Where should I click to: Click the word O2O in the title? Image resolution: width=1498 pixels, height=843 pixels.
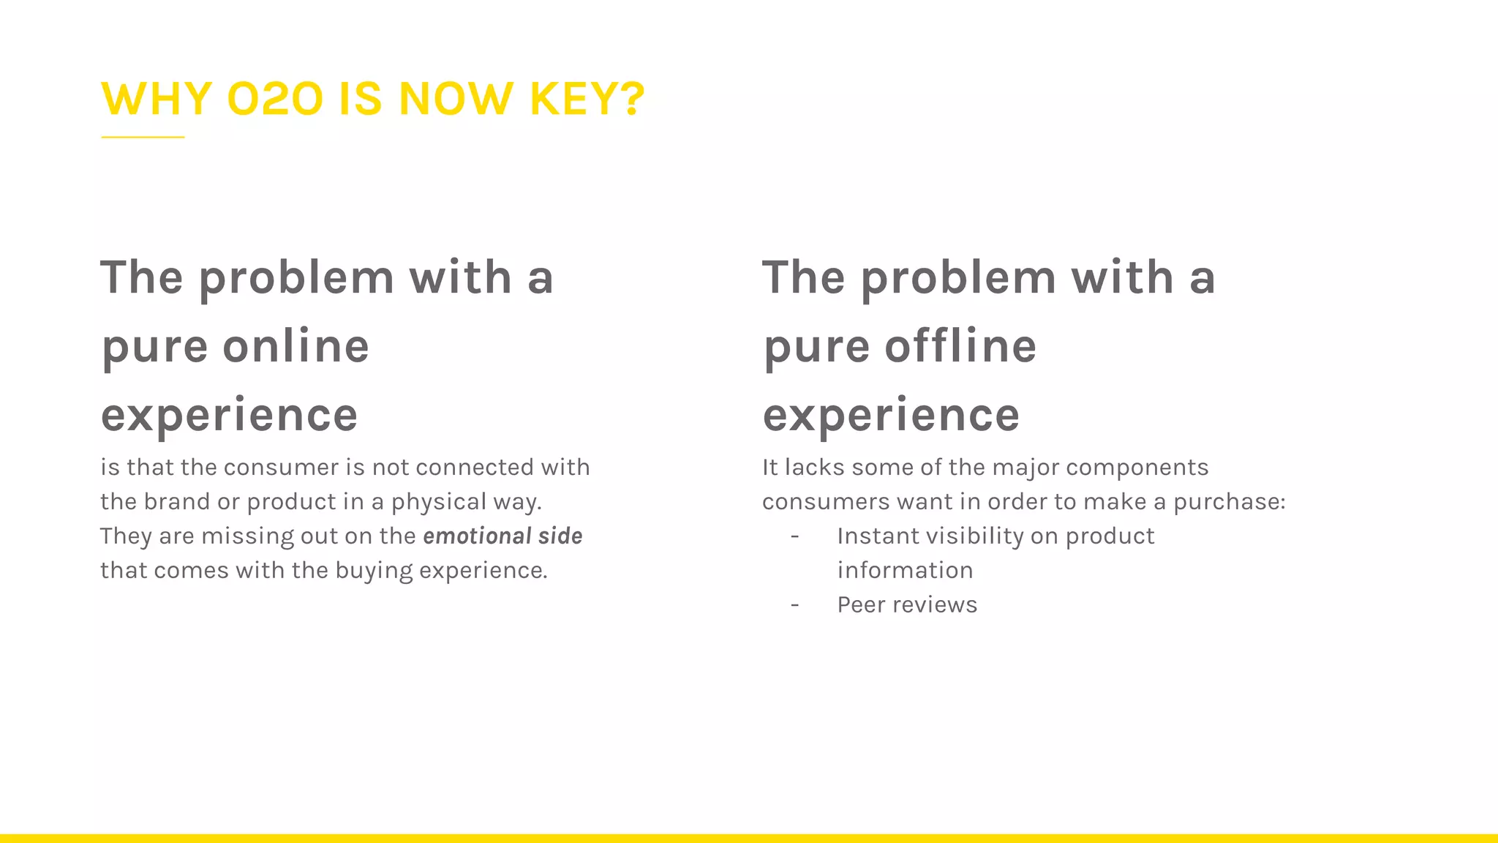275,99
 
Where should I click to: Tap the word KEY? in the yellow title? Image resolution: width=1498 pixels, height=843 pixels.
587,99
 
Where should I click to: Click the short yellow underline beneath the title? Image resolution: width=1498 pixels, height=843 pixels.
143,137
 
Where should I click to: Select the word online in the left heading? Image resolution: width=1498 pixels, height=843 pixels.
296,346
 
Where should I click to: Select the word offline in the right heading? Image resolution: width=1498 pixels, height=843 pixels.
960,346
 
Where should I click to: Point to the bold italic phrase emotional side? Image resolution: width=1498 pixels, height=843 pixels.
503,536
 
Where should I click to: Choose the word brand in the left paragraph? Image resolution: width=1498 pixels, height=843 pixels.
176,502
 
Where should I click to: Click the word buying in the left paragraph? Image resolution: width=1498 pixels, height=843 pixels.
374,571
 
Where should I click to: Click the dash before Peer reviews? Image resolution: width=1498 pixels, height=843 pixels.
794,605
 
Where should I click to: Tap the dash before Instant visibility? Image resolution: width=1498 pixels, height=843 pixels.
794,536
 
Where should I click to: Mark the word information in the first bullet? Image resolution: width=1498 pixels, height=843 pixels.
905,571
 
